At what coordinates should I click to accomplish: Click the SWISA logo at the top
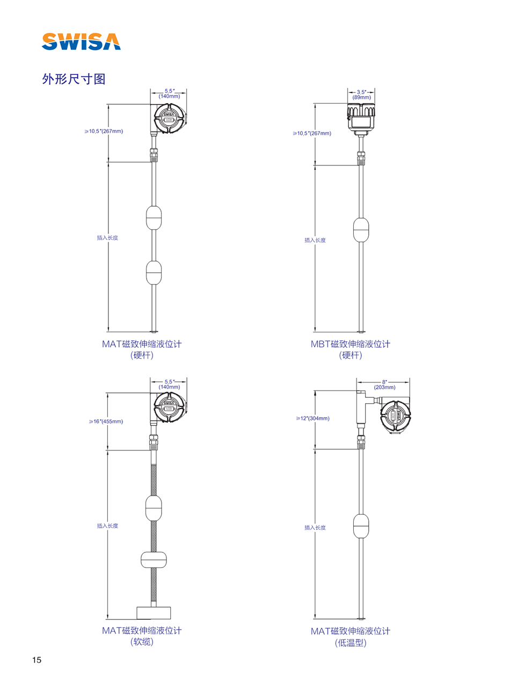point(81,41)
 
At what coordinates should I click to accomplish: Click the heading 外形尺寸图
point(74,79)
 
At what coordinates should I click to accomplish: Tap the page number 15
point(37,660)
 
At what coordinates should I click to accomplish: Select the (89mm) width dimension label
point(361,98)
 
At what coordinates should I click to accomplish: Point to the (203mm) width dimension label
point(384,387)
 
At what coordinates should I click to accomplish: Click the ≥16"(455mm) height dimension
point(106,421)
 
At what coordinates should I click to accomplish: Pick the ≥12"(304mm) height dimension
point(313,418)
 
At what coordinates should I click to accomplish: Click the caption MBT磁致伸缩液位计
point(350,344)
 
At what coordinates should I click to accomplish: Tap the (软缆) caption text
point(142,642)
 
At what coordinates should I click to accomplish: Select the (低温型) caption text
point(350,643)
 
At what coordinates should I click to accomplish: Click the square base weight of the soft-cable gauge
point(154,613)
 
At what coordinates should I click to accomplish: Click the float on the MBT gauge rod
point(361,229)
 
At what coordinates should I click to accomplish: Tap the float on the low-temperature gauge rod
point(361,526)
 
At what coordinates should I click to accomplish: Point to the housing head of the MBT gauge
point(361,118)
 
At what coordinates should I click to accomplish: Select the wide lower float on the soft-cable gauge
point(154,559)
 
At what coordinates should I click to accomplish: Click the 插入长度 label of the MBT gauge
point(315,240)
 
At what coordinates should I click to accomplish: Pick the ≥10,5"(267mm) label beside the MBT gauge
point(312,133)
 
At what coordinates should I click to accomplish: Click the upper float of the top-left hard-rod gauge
point(154,218)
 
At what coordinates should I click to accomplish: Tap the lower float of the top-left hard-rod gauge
point(154,272)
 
